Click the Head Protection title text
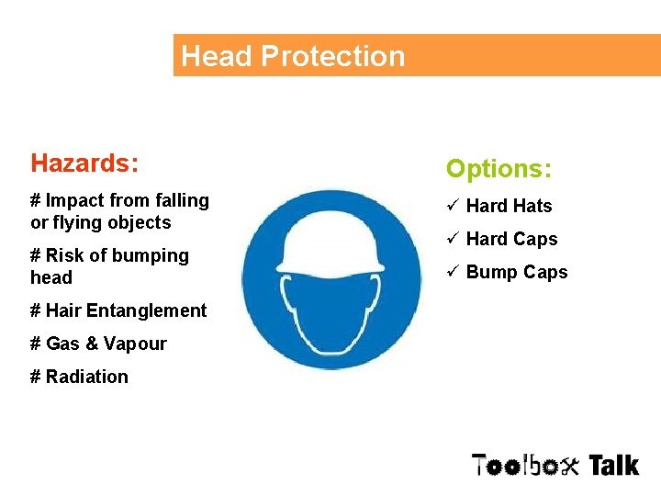pos(293,56)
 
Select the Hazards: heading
pos(84,163)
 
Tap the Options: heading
pos(499,169)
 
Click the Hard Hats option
pos(509,207)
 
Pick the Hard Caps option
pos(511,240)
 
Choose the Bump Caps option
pos(517,273)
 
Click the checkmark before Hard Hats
pos(453,206)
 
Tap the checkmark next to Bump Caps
pos(453,272)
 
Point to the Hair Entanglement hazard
pos(118,310)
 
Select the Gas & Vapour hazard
pos(98,344)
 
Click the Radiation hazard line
pos(79,377)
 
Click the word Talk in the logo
pos(613,466)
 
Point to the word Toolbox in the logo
pos(526,466)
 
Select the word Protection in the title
pos(332,56)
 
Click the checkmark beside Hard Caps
pos(453,239)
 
